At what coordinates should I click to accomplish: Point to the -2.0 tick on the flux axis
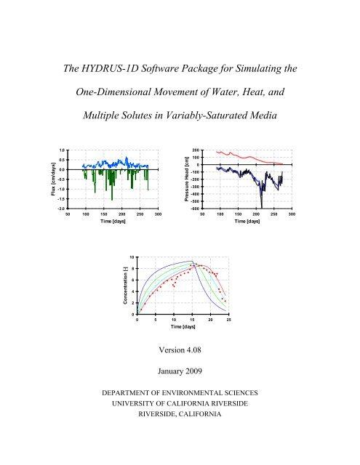[x=62, y=207]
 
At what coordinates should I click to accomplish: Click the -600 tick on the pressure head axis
[x=196, y=207]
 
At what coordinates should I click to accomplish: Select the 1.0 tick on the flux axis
[x=63, y=150]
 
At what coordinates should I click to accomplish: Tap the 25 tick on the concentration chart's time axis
[x=228, y=320]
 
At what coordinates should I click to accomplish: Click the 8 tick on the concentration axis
[x=131, y=269]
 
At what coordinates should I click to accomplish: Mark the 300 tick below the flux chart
[x=158, y=214]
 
